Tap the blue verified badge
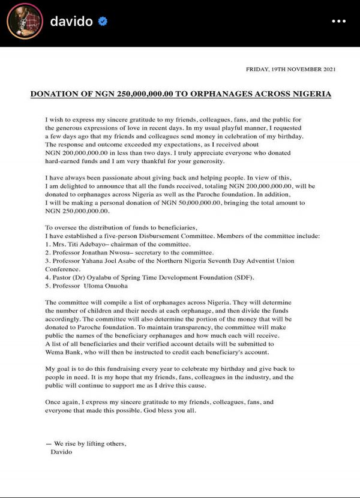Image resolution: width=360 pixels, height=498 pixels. [x=103, y=22]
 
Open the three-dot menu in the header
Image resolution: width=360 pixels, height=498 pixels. [x=339, y=22]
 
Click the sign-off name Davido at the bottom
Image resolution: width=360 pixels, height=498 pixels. [x=62, y=452]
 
